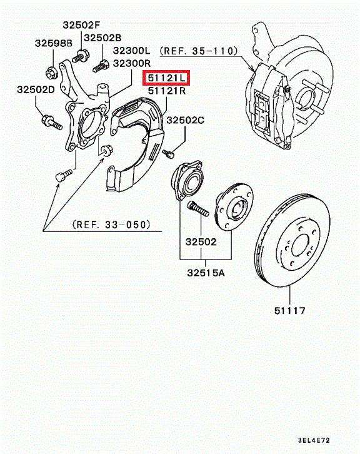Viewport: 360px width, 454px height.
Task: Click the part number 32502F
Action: [x=81, y=25]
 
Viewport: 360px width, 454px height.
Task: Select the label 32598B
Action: [x=54, y=43]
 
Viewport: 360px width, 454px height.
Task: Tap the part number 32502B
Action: [x=102, y=38]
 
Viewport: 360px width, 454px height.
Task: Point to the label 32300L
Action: [x=132, y=51]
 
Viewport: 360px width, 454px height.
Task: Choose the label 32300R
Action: [x=132, y=63]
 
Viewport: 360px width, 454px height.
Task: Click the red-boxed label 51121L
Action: [x=166, y=78]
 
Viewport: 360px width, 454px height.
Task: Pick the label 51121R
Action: [x=167, y=91]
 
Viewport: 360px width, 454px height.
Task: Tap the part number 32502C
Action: [x=186, y=120]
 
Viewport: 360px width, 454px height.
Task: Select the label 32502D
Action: [x=36, y=89]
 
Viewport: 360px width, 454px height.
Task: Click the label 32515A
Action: [x=206, y=273]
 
